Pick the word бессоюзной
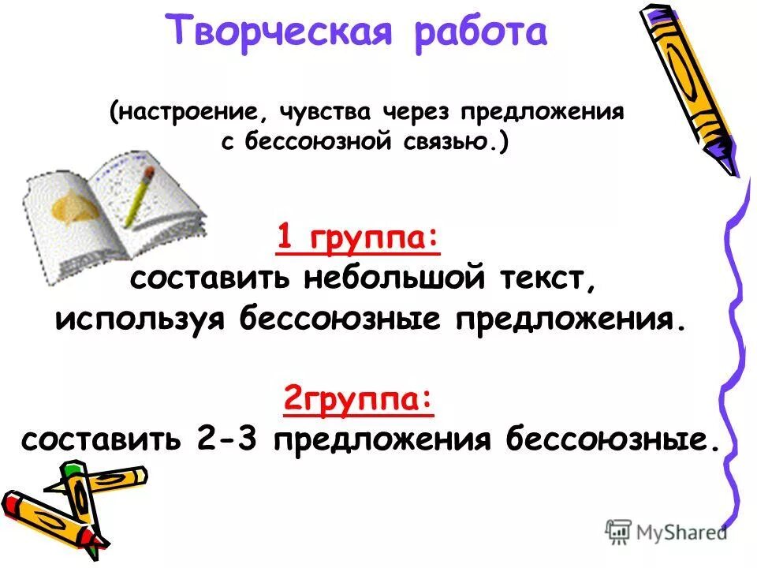point(324,144)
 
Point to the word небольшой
point(395,281)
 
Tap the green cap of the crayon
point(73,469)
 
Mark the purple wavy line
point(733,355)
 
